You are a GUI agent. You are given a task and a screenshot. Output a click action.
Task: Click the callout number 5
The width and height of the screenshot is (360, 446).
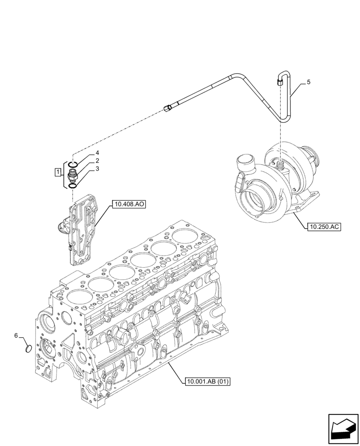click(x=308, y=83)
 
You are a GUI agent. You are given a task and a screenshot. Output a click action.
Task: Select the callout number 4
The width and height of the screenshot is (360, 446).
click(x=97, y=153)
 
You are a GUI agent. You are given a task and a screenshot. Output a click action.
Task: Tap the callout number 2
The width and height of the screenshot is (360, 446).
click(x=97, y=161)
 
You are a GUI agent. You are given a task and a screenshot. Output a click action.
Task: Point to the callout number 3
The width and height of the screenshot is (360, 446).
click(x=97, y=169)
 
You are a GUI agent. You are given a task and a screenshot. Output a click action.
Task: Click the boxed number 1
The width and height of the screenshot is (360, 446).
click(x=57, y=172)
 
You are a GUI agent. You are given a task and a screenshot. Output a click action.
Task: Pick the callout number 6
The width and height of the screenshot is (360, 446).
click(x=16, y=335)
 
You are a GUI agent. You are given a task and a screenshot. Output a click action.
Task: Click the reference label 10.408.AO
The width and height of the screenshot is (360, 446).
click(x=129, y=205)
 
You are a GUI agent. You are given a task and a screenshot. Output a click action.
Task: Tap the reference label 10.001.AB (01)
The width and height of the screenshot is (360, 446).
click(x=205, y=381)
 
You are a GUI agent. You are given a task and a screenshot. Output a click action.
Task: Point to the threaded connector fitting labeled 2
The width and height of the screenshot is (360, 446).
click(x=73, y=174)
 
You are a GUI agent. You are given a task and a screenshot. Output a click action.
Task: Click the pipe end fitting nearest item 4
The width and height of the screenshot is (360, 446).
click(x=168, y=107)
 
